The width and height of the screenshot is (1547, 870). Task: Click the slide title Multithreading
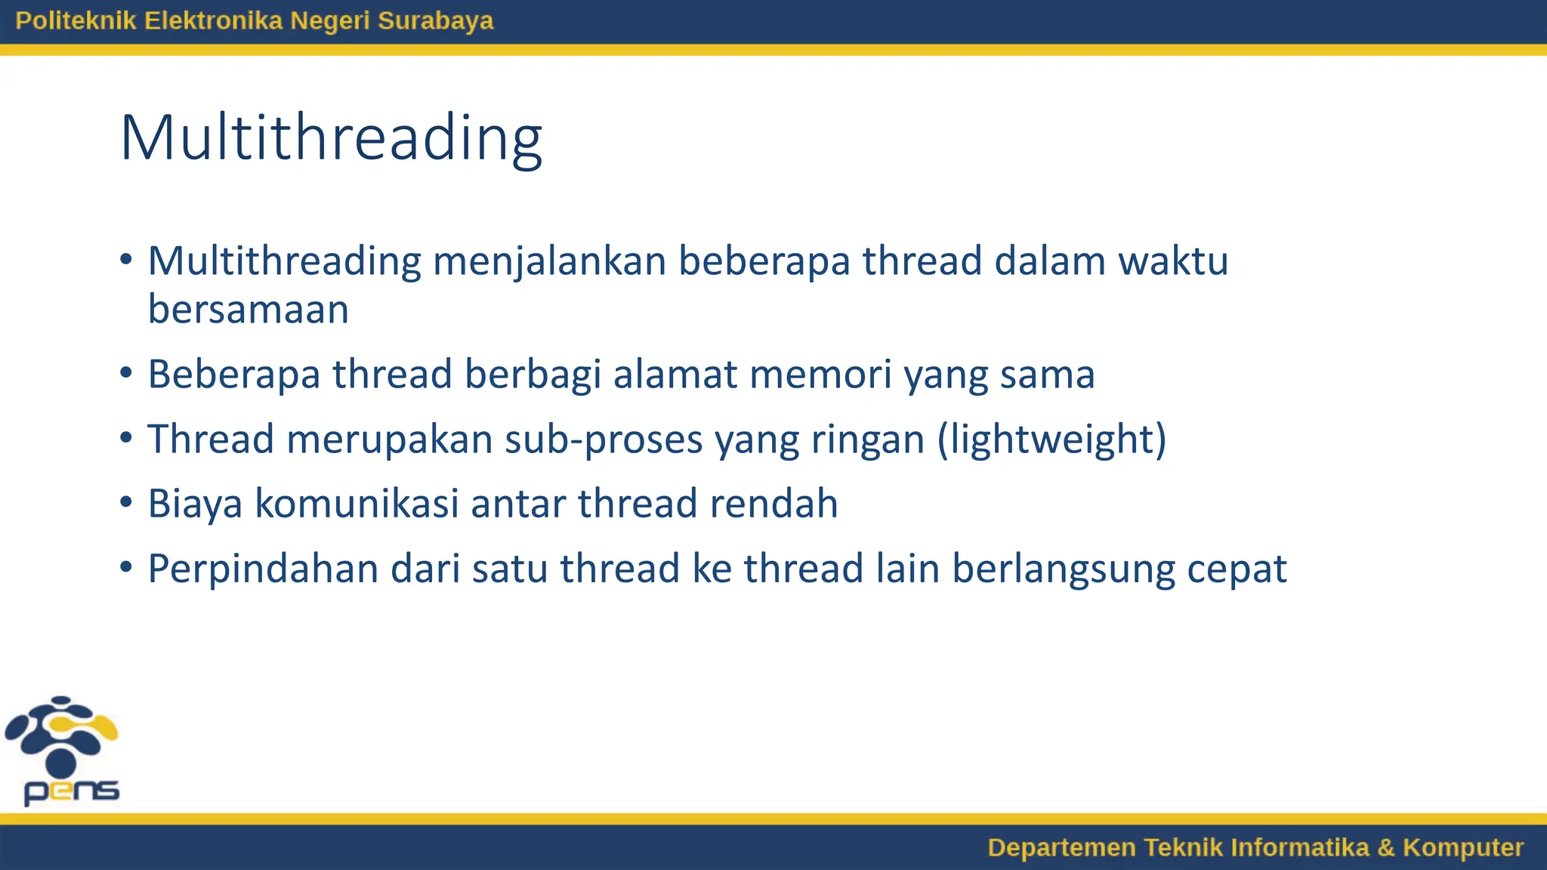pos(331,138)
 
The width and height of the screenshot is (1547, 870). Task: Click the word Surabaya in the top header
pos(435,20)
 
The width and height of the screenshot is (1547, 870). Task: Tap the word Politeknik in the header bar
pos(76,20)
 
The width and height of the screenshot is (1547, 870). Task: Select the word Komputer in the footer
pos(1462,847)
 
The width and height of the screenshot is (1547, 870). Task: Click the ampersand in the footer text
pos(1385,847)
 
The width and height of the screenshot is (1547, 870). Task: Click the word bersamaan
pos(248,310)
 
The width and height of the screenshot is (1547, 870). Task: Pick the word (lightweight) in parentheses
pos(1051,440)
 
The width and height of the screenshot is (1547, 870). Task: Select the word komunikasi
pos(357,504)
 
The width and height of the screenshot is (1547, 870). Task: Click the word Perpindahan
pos(263,569)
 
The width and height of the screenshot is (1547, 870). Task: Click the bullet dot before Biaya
pos(126,502)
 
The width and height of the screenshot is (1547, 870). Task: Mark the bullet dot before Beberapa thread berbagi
pos(126,373)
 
